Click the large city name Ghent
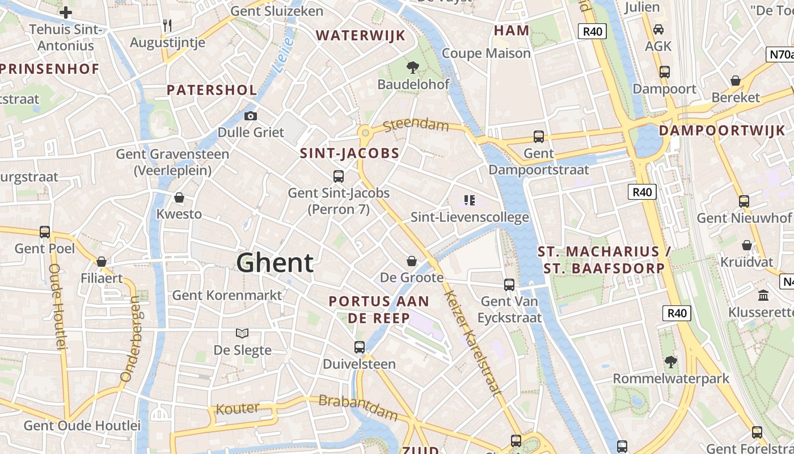(x=274, y=263)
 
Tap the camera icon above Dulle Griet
(x=250, y=116)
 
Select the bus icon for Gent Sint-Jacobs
(x=339, y=176)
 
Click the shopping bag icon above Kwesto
(x=179, y=197)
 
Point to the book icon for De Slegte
(x=242, y=333)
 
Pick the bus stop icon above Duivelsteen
(x=359, y=347)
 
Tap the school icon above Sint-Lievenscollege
(x=469, y=200)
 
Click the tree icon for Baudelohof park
(x=413, y=68)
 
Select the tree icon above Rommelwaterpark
(x=670, y=361)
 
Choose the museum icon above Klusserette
(x=763, y=295)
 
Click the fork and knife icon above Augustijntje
(x=167, y=26)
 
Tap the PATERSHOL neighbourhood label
(x=212, y=90)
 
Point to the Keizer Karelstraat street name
(x=473, y=342)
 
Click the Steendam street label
(x=416, y=124)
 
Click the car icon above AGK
(x=658, y=29)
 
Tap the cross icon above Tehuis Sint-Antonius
(x=66, y=12)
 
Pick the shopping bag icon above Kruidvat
(x=747, y=245)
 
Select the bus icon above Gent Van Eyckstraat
(x=509, y=284)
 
